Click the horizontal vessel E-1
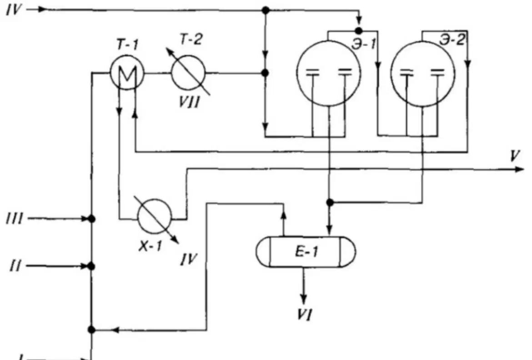tap(306, 252)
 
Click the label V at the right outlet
tap(514, 156)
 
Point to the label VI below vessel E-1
tap(304, 315)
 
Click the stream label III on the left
tap(15, 219)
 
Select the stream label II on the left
tap(15, 266)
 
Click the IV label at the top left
tap(14, 10)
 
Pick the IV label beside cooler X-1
tap(189, 260)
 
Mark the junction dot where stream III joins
tap(91, 219)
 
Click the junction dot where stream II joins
tap(91, 266)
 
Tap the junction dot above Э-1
tap(360, 30)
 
